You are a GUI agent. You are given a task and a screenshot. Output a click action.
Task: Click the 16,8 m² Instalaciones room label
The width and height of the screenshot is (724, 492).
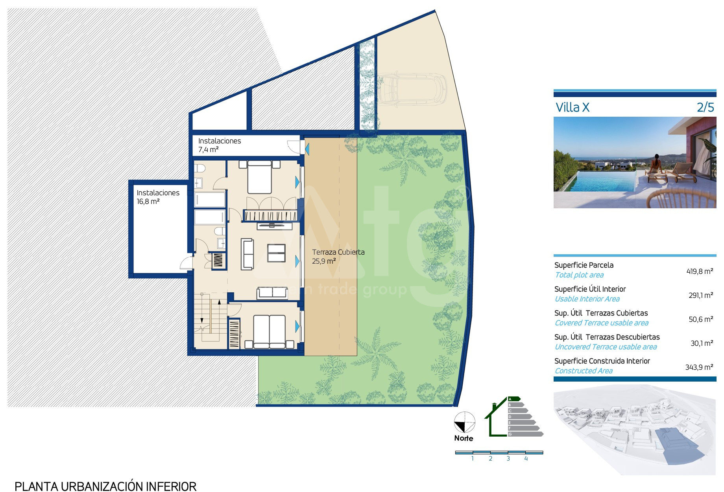158,197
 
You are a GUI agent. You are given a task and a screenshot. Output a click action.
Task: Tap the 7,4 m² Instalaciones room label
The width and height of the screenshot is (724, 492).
220,145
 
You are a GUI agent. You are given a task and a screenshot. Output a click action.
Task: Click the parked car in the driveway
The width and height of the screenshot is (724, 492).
412,89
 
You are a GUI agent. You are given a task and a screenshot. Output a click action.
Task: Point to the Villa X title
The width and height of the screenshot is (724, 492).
573,107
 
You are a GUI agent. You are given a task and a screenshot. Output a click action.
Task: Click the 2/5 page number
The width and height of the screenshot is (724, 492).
705,107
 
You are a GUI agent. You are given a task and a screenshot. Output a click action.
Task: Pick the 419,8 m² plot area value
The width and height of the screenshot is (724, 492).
700,271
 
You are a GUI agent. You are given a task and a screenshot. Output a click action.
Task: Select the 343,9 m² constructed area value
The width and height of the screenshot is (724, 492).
699,367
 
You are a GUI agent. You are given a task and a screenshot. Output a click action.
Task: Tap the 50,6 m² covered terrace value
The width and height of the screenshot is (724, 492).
701,319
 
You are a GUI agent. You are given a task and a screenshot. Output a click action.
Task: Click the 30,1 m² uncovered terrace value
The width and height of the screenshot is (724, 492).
702,343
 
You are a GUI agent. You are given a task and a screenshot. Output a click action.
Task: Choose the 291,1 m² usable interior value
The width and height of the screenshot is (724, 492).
701,295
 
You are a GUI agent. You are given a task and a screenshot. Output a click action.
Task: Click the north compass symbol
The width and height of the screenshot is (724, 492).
464,422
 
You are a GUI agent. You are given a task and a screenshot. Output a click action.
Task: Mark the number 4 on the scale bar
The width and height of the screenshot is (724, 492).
526,459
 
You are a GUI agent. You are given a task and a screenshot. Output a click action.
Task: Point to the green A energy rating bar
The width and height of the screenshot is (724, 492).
514,399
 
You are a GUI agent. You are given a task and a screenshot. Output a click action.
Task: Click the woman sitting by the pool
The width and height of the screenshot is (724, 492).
654,165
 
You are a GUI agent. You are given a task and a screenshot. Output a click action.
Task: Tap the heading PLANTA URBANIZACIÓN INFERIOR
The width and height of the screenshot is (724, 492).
105,486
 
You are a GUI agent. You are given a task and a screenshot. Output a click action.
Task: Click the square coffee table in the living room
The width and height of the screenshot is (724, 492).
276,253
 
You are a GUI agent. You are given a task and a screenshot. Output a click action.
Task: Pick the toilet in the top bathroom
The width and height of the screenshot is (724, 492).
200,168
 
